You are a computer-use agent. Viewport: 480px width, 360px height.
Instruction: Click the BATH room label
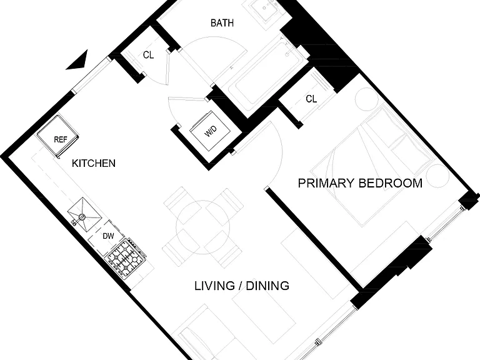tap(222, 23)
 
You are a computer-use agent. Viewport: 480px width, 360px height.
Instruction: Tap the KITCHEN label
tap(94, 164)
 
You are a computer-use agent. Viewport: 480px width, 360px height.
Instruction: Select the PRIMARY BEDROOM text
tap(360, 183)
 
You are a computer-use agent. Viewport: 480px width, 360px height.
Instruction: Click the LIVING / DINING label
tap(242, 286)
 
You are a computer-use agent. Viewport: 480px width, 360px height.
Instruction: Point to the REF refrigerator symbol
tap(58, 136)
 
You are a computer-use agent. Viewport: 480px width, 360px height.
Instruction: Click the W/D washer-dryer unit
tap(210, 131)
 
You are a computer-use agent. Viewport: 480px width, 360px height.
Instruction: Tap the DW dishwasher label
tap(108, 236)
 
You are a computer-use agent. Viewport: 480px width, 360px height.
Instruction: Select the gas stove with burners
tap(126, 259)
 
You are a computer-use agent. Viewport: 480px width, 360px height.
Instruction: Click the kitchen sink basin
tap(84, 214)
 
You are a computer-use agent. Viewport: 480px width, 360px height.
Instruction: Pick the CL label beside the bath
tap(149, 55)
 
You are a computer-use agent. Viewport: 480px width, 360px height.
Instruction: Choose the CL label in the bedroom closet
tap(311, 99)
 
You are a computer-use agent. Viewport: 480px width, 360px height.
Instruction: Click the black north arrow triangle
tap(78, 61)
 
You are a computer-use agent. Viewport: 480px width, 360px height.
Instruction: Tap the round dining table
tap(203, 227)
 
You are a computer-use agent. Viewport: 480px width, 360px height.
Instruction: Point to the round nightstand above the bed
tap(367, 99)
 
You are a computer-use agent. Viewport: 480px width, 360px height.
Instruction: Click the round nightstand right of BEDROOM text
tap(437, 176)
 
